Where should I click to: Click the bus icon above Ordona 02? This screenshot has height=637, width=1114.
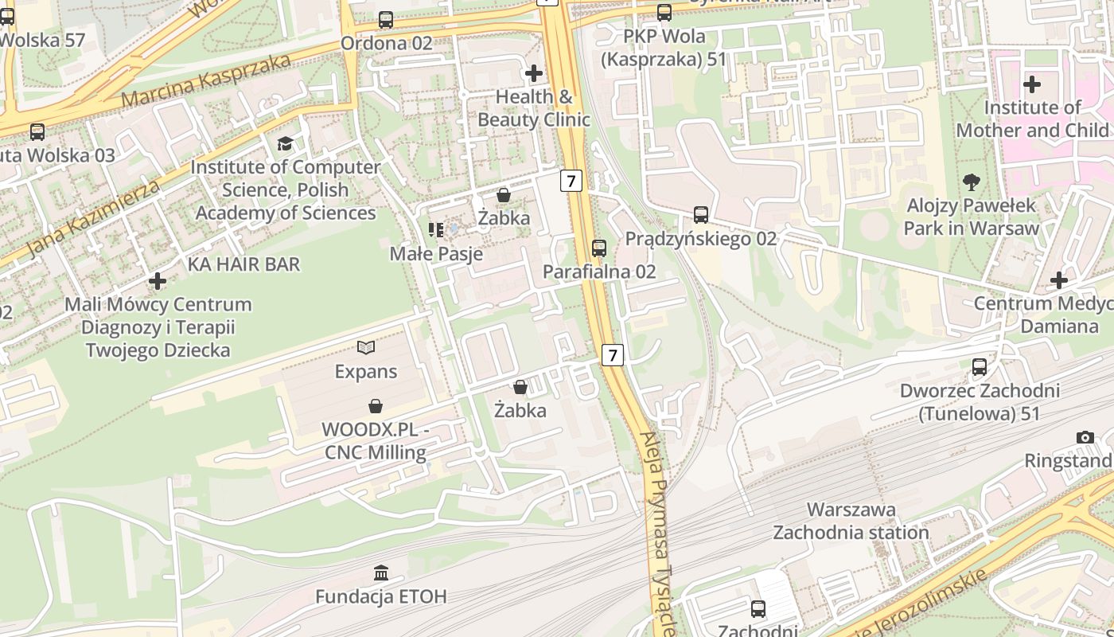coord(386,20)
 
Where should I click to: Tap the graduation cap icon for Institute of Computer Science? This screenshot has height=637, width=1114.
coord(285,143)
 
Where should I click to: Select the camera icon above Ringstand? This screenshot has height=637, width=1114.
coord(1085,437)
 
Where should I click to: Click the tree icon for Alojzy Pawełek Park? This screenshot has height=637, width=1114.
coord(971,182)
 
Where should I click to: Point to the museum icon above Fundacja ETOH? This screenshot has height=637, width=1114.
coord(381,573)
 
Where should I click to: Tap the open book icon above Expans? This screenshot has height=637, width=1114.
coord(366,348)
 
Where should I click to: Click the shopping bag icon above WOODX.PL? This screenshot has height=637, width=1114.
coord(376,406)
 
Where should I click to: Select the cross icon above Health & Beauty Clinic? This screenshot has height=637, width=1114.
coord(534,73)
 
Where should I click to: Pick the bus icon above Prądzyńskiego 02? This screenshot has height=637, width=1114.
coord(700,215)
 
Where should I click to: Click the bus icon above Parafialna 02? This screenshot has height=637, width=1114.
coord(599,248)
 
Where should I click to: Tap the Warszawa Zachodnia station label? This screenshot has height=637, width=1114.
coord(851,521)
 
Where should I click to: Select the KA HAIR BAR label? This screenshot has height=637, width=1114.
coord(243,264)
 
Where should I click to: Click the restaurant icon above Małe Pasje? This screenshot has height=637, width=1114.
coord(436,230)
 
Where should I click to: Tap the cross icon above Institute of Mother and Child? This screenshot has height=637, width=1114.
coord(1032,84)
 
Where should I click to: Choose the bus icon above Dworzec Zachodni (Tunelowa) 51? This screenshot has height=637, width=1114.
coord(980,367)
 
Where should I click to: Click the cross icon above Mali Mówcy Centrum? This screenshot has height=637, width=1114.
coord(158,281)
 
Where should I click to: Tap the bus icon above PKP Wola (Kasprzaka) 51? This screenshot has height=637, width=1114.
coord(664,13)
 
